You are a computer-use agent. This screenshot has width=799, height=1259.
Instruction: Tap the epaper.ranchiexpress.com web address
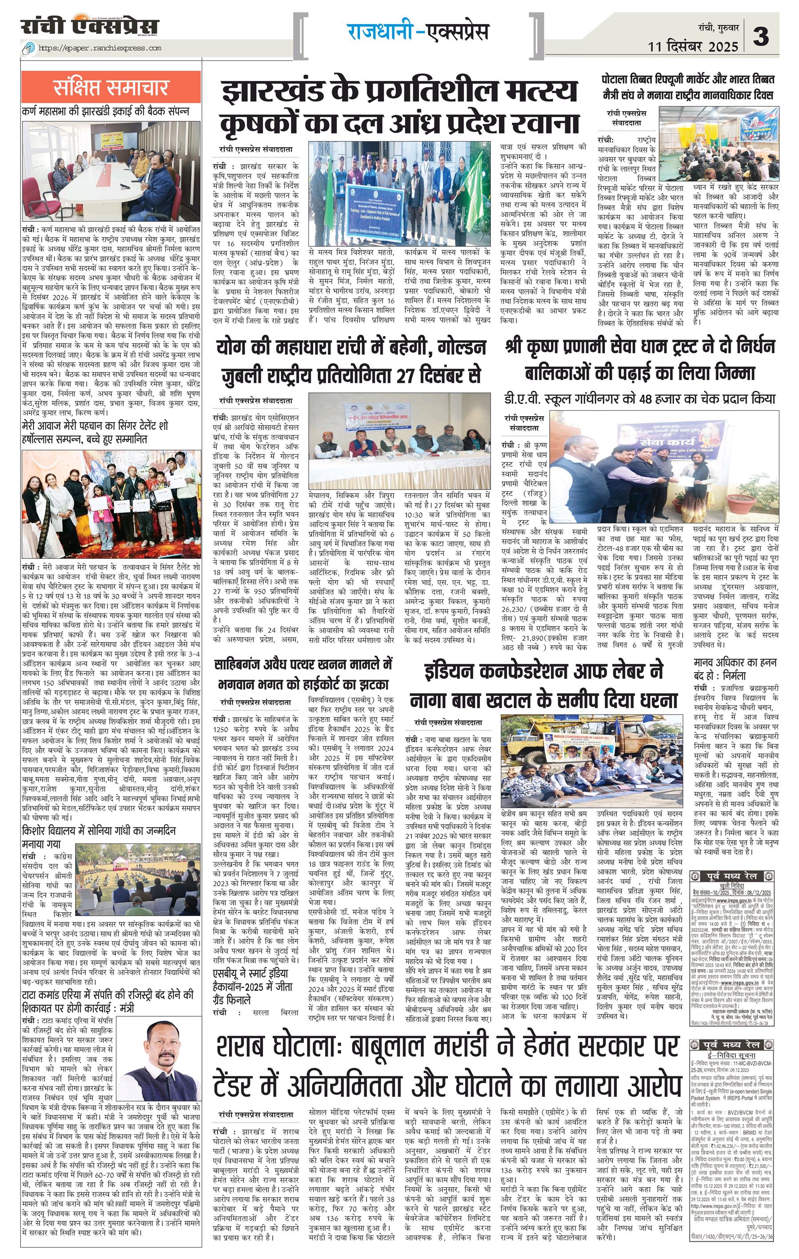[99, 48]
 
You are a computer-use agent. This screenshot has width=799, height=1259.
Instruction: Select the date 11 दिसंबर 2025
[693, 46]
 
